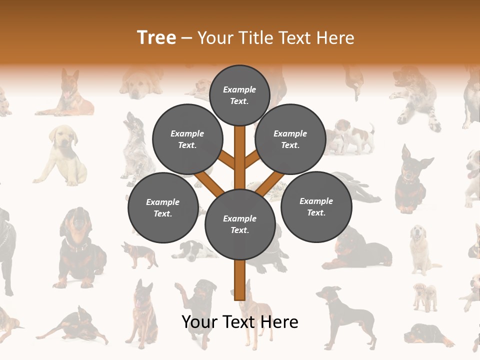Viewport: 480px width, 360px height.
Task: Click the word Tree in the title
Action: click(x=156, y=37)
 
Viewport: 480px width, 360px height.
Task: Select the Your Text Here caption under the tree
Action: click(x=240, y=322)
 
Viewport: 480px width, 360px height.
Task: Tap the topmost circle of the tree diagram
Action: click(x=239, y=94)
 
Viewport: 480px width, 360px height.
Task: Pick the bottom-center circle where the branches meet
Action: click(x=240, y=224)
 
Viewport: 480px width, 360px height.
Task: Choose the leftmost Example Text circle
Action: click(x=163, y=207)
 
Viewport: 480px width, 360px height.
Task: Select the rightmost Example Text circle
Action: click(x=316, y=206)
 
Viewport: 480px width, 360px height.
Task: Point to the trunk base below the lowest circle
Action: click(x=240, y=280)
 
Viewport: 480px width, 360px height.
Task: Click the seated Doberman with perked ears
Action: click(x=412, y=180)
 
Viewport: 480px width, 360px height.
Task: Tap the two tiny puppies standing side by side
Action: click(x=424, y=296)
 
